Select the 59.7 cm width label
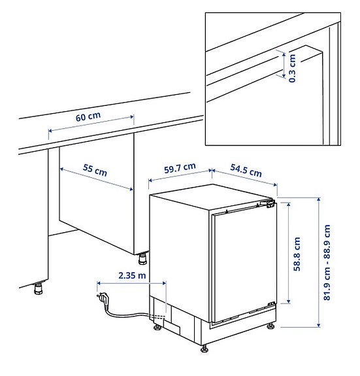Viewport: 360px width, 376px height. tap(180, 168)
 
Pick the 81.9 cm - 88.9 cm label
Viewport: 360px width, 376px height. tap(327, 263)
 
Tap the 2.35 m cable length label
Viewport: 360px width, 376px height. tap(133, 276)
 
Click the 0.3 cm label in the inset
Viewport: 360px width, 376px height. tap(292, 67)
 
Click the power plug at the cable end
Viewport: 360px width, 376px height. tap(103, 299)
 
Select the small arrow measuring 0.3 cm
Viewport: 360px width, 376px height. tap(283, 66)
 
